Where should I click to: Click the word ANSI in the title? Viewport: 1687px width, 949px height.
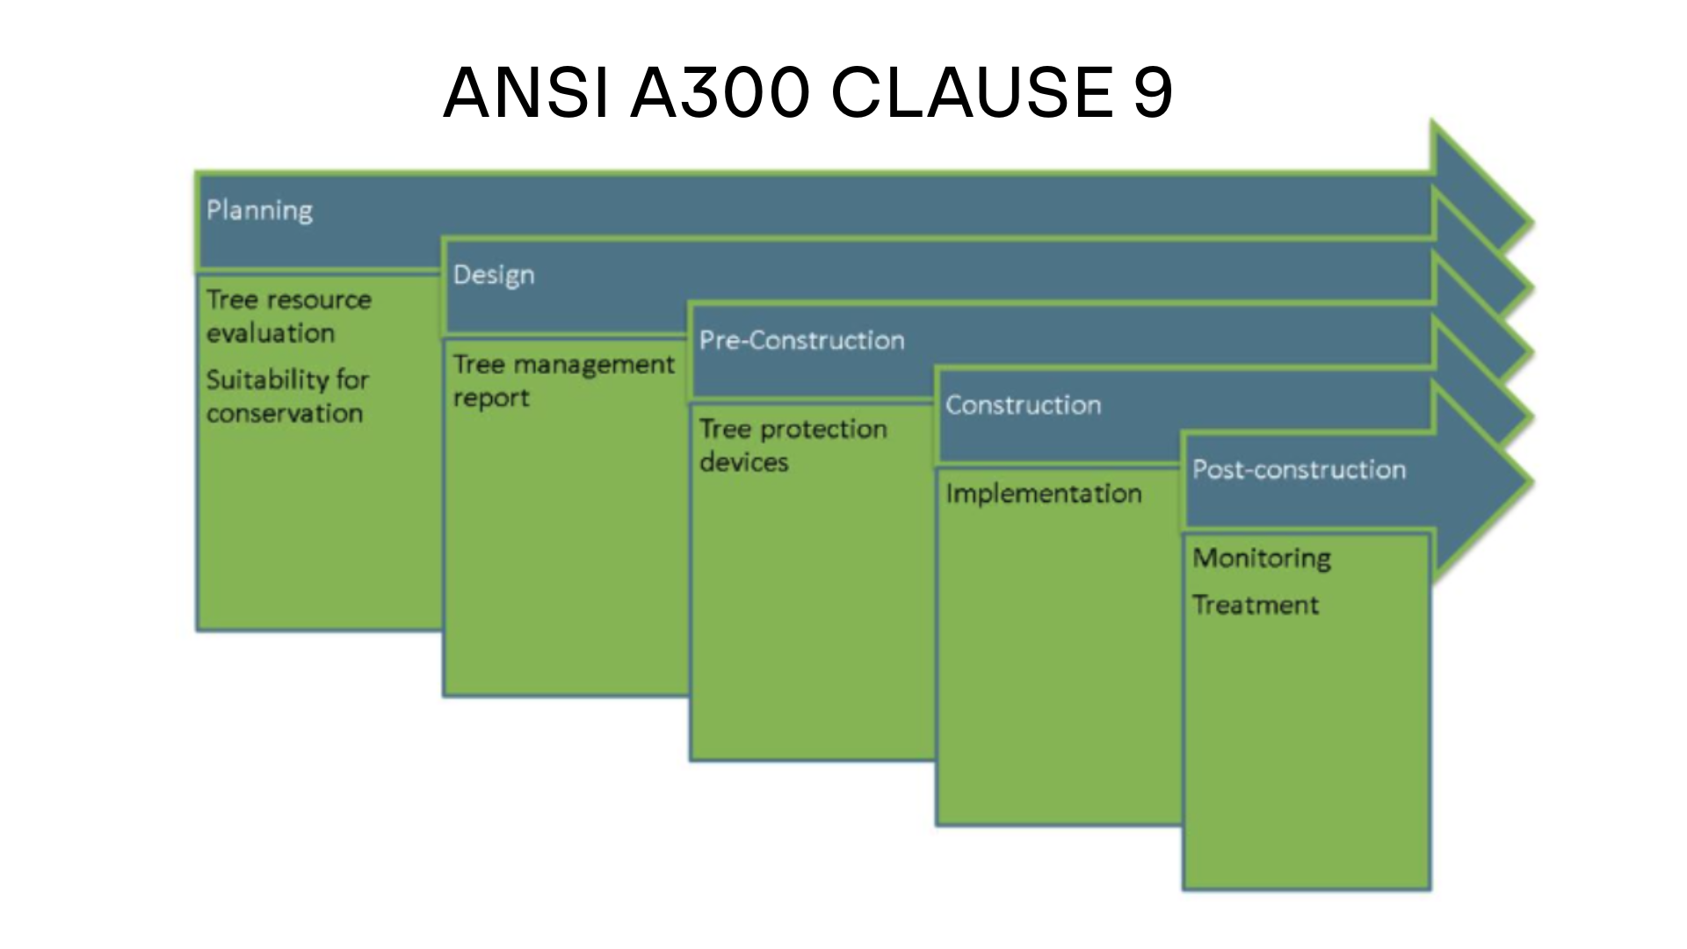point(525,92)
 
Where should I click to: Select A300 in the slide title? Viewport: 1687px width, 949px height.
point(720,92)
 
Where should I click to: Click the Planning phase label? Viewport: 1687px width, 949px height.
point(259,211)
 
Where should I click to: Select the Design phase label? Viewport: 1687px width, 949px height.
point(494,275)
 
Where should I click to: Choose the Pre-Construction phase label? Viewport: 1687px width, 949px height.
point(801,340)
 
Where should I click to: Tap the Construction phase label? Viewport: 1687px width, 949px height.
point(1023,405)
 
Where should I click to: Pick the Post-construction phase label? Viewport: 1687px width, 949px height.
point(1299,469)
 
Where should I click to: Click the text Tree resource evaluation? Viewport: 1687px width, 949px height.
point(289,316)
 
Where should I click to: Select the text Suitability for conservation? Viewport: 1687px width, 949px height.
point(287,396)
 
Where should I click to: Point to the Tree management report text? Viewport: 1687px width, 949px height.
point(564,380)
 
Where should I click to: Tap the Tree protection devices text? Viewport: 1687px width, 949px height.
point(793,446)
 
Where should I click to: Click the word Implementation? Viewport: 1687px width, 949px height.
point(1044,494)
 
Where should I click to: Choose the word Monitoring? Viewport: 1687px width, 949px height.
point(1262,559)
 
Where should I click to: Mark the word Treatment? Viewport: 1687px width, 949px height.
point(1256,605)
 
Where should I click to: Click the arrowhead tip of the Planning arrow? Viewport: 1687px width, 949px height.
point(1533,223)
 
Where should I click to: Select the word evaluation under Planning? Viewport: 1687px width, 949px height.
point(271,333)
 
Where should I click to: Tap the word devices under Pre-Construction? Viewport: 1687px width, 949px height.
point(744,462)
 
